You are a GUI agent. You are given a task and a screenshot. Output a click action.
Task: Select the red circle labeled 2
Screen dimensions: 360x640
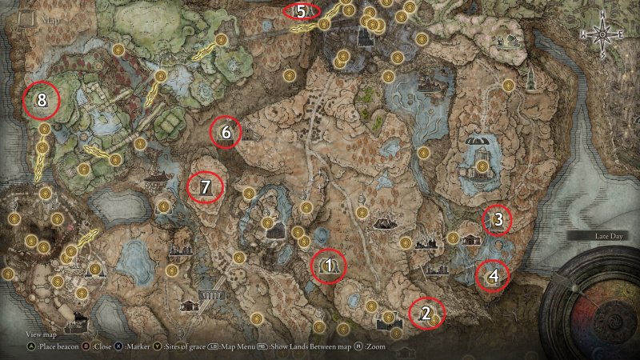click(426, 314)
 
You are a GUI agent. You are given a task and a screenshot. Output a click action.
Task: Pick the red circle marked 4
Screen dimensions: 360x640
click(494, 277)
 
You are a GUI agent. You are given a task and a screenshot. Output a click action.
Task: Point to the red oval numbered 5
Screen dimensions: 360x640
click(302, 11)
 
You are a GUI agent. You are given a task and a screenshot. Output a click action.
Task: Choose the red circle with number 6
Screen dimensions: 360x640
click(226, 133)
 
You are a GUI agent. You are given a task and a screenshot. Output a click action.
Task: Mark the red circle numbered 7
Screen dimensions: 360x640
click(206, 188)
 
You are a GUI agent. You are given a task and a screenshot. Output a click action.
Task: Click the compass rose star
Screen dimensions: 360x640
click(601, 36)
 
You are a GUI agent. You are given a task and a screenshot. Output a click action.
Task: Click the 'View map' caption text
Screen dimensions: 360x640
click(42, 334)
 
